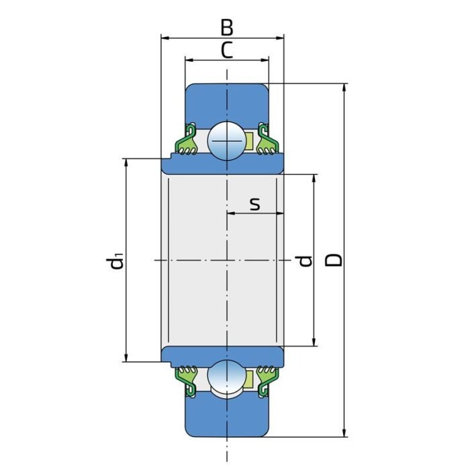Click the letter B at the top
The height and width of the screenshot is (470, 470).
tap(227, 28)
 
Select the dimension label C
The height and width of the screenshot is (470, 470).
tap(227, 50)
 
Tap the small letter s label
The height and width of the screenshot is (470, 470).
tap(255, 203)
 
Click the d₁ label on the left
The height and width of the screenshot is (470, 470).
tap(116, 261)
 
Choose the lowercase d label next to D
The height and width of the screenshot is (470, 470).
tap(305, 260)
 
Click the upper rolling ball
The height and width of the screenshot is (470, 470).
tap(227, 141)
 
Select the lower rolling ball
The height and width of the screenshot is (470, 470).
tap(227, 378)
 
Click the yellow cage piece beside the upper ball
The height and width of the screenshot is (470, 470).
tap(249, 141)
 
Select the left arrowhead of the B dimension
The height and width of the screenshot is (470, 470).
tap(164, 38)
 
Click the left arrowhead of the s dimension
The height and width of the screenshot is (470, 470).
tap(231, 214)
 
